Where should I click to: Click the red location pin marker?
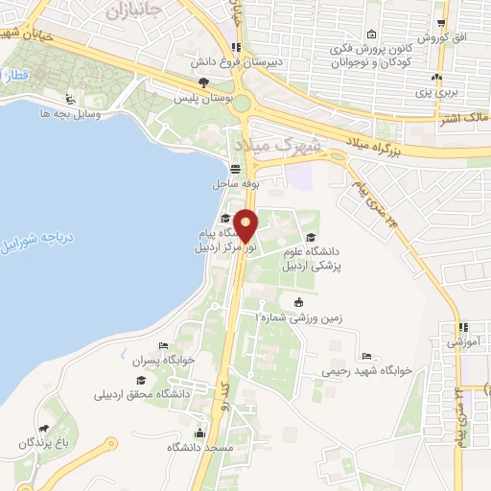245,225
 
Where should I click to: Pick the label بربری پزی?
437,93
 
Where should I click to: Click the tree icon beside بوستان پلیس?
200,83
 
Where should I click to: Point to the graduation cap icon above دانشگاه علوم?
309,237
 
